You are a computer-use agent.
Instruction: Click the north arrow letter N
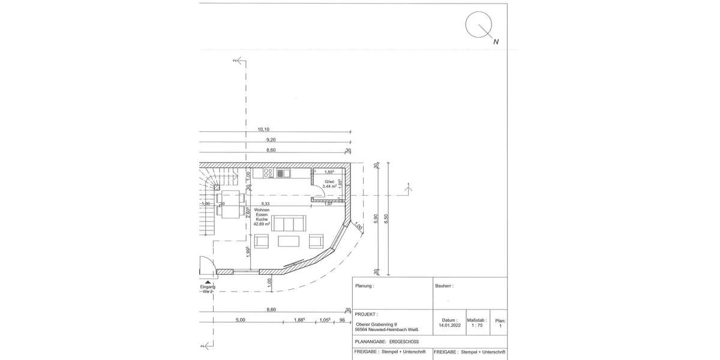[x=496, y=42]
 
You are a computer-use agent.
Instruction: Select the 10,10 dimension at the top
[x=263, y=130]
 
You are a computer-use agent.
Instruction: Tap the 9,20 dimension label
[x=270, y=140]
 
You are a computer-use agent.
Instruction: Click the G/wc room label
[x=329, y=181]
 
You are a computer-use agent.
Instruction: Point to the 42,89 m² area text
[x=262, y=224]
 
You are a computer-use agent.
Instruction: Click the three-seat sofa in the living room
[x=289, y=223]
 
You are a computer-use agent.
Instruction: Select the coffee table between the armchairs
[x=289, y=241]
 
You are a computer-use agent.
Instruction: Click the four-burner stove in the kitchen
[x=268, y=173]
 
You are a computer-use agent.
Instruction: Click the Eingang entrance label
[x=207, y=287]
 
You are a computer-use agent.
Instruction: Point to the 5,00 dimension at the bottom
[x=240, y=320]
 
